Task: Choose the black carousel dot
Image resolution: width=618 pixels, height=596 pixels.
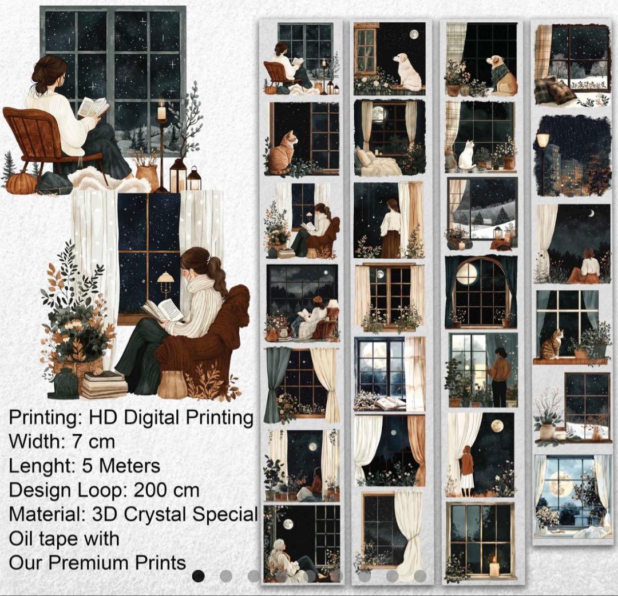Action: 199,576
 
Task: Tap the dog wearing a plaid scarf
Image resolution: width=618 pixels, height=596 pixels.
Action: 502,75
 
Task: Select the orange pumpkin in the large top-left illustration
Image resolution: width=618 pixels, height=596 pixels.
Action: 21,183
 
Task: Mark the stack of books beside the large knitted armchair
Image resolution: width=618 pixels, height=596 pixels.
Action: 103,384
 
